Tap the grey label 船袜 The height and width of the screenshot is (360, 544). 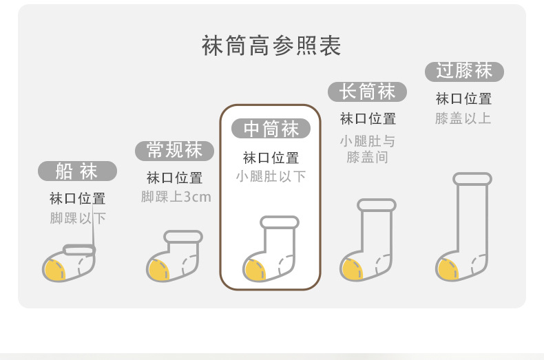click(77, 171)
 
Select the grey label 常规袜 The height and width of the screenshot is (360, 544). click(174, 150)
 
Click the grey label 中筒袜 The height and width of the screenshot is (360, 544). click(271, 129)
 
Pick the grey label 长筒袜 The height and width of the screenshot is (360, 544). click(367, 92)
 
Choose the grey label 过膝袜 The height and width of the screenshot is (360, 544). click(464, 70)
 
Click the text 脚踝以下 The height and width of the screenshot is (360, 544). click(77, 219)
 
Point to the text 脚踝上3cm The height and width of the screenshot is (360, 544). click(176, 197)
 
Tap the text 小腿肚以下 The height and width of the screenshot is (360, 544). click(271, 176)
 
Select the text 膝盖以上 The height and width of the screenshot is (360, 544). click(463, 118)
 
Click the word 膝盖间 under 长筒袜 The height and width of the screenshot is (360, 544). click(368, 157)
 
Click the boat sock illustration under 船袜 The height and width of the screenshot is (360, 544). click(70, 264)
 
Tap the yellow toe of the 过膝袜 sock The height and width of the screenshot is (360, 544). click(448, 269)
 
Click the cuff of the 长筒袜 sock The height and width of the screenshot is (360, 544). click(377, 205)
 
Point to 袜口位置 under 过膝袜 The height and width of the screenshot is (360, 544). click(463, 98)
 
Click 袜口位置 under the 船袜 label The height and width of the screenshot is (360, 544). click(77, 199)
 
